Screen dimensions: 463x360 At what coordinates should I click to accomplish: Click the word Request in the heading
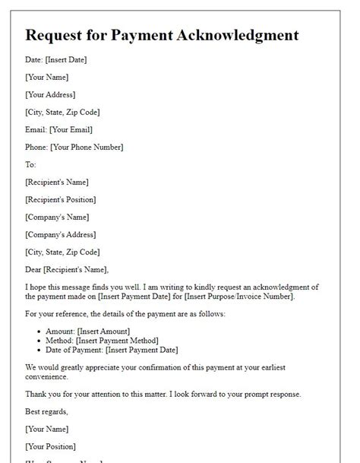[x=55, y=35]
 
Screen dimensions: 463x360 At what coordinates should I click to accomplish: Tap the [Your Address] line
[x=50, y=95]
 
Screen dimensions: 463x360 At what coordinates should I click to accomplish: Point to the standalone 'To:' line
[x=30, y=165]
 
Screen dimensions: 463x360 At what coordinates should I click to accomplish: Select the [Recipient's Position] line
[x=61, y=200]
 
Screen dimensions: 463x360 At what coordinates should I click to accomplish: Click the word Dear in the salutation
[x=33, y=269]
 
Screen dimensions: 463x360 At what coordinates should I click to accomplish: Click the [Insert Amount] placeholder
[x=103, y=331]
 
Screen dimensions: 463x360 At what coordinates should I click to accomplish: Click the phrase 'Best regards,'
[x=48, y=412]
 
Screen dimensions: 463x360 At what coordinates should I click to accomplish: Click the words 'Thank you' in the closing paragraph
[x=42, y=394]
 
